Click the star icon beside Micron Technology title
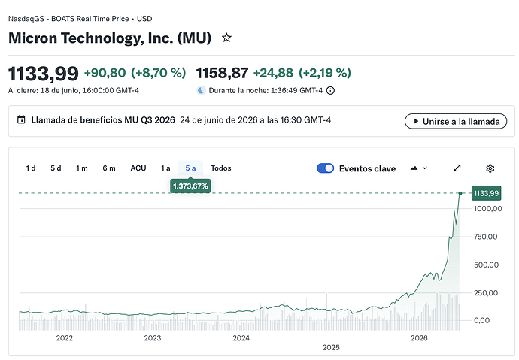(x=226, y=38)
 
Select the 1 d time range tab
(x=31, y=168)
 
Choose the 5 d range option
(x=56, y=168)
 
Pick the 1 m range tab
(x=82, y=168)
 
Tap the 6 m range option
(x=109, y=168)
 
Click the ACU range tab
(x=138, y=168)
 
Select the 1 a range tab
(x=165, y=168)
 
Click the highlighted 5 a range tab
(x=190, y=168)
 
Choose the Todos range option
(x=221, y=168)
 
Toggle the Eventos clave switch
(x=326, y=168)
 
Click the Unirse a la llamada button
(x=456, y=121)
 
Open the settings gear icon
(x=490, y=168)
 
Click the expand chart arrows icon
(x=457, y=168)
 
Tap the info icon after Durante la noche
(x=330, y=91)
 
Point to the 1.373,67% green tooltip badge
(x=190, y=186)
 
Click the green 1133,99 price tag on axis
(x=486, y=193)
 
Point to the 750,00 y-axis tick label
(x=486, y=237)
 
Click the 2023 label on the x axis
(x=153, y=338)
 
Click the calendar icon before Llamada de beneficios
(x=21, y=119)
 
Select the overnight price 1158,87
(x=222, y=73)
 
